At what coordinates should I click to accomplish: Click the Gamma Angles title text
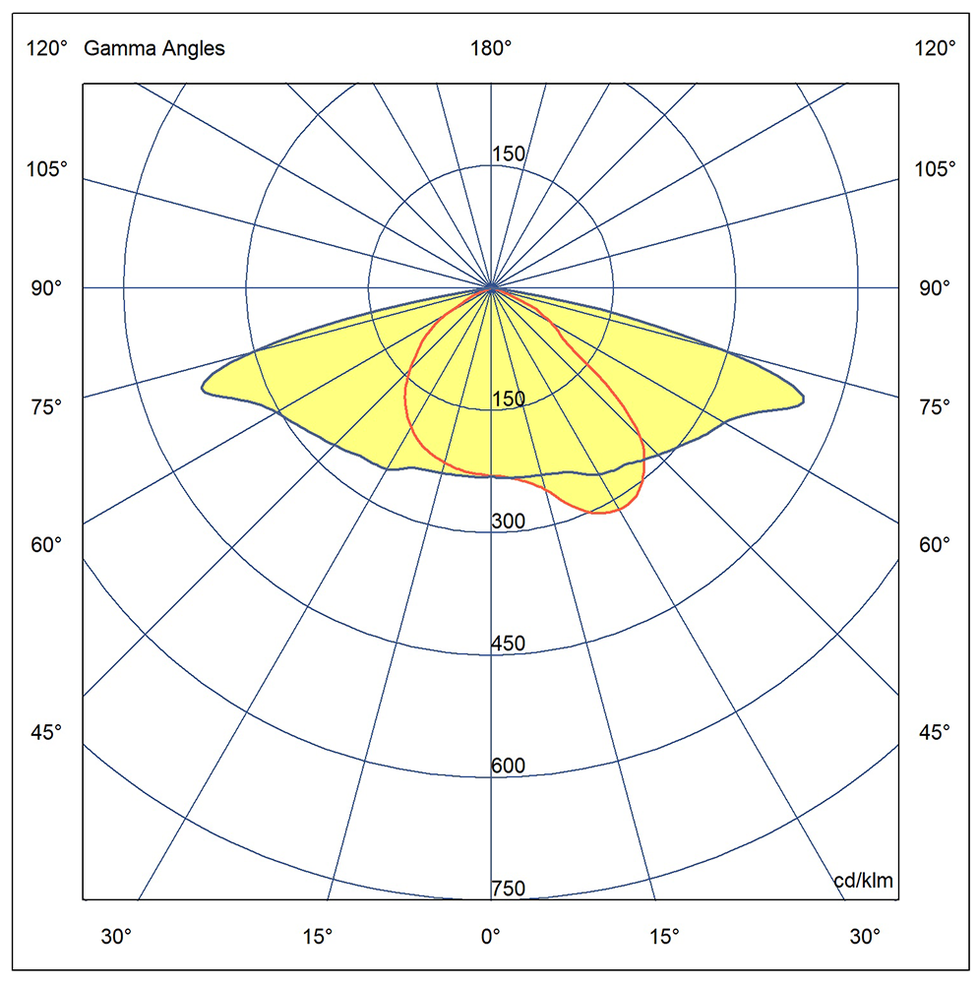(x=154, y=49)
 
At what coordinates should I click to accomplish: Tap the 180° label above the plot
(x=491, y=49)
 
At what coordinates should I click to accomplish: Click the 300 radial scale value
(x=508, y=522)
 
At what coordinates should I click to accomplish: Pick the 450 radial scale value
(x=508, y=645)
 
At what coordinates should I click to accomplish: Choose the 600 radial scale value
(x=508, y=767)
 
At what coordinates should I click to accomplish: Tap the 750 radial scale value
(x=508, y=890)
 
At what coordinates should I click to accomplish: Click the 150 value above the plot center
(x=508, y=154)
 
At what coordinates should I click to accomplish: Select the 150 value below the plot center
(x=508, y=400)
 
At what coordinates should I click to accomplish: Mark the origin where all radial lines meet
(x=491, y=287)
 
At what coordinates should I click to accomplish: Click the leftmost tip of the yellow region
(x=204, y=387)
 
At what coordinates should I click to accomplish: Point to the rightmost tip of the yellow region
(x=803, y=400)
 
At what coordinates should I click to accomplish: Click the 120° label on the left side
(x=46, y=49)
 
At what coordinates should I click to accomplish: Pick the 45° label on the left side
(x=46, y=731)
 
